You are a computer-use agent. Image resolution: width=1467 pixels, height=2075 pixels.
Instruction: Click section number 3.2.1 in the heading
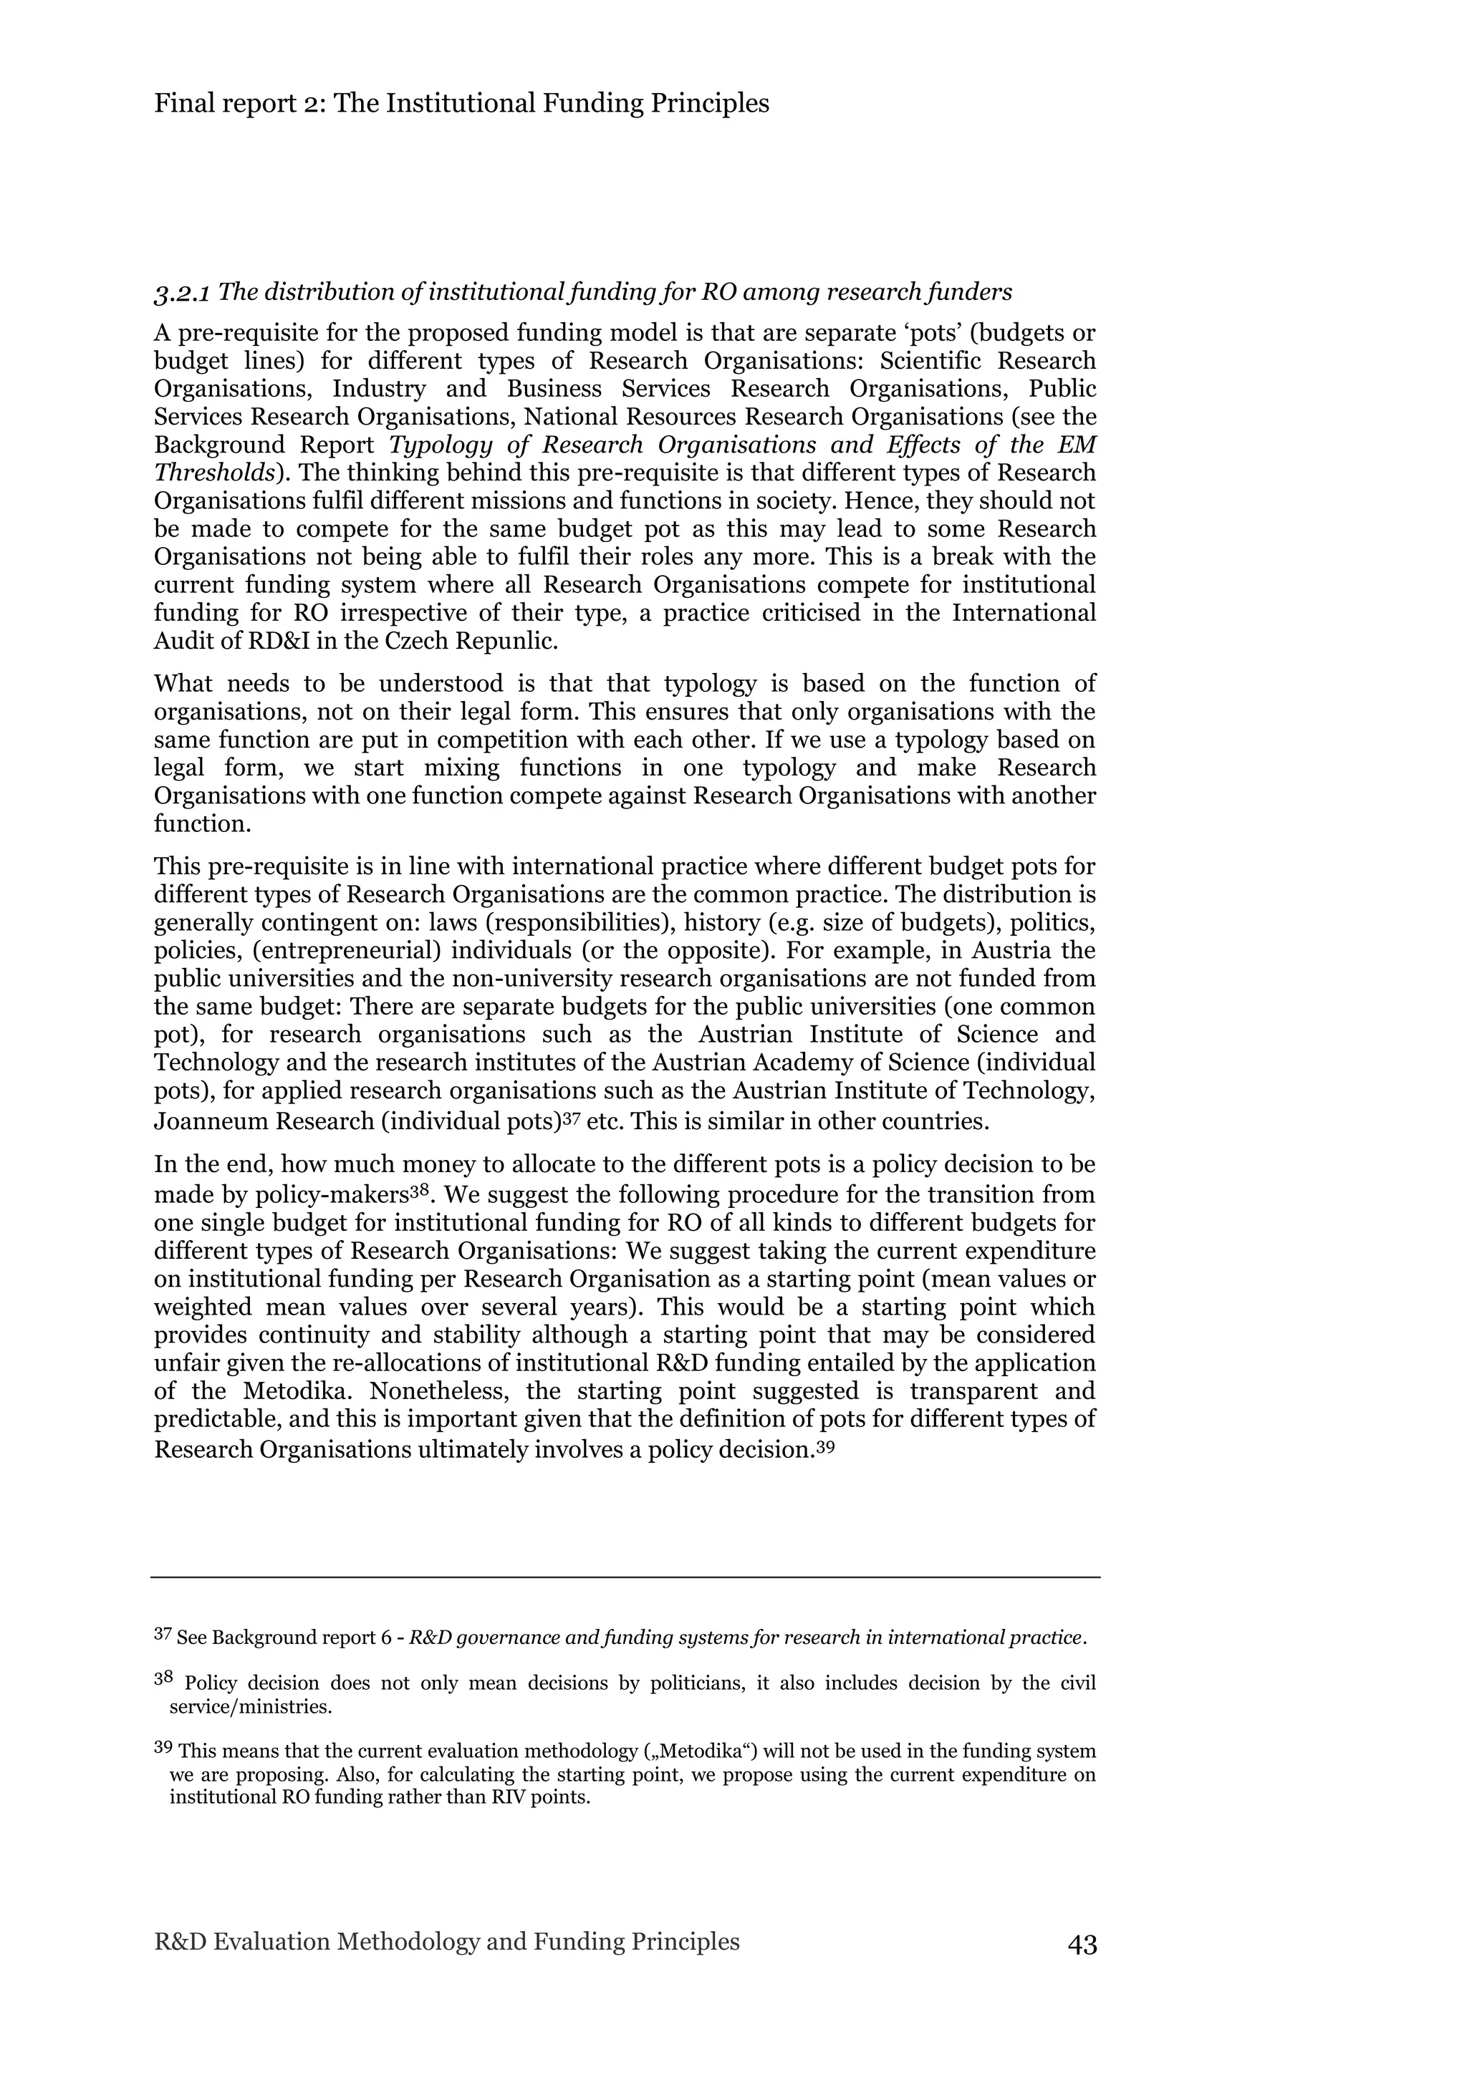coord(183,294)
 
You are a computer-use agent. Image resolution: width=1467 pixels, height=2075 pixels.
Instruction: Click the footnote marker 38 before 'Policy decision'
coord(163,1679)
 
